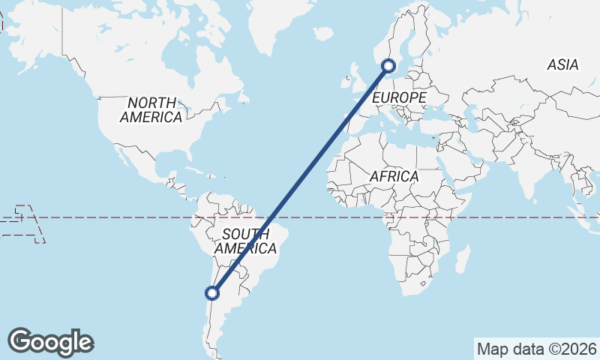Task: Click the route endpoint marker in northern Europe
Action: click(388, 66)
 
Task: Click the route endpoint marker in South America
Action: click(213, 293)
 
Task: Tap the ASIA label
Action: click(562, 65)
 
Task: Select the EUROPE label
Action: click(399, 98)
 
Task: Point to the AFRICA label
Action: click(394, 176)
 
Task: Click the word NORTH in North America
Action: click(151, 103)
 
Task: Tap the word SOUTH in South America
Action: click(245, 233)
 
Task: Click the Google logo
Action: click(50, 342)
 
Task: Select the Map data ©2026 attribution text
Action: click(536, 349)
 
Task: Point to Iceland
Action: click(323, 34)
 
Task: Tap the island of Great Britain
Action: click(352, 76)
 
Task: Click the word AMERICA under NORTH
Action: click(151, 117)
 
